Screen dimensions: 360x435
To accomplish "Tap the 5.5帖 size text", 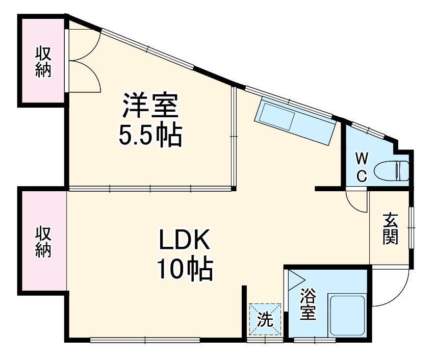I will coord(150,135).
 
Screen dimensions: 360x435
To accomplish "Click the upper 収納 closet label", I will coord(43,62).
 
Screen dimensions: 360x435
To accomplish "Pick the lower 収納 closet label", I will coord(43,242).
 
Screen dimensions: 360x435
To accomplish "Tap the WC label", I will coord(361,166).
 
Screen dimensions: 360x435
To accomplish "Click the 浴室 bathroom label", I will coord(307,304).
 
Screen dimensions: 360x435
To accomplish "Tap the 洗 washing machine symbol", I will coord(265,320).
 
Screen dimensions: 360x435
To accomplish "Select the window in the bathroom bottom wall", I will coord(315,339).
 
